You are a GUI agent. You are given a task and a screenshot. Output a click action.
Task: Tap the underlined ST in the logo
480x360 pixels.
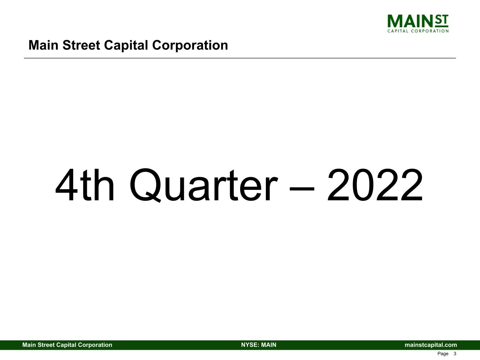pyautogui.click(x=442, y=21)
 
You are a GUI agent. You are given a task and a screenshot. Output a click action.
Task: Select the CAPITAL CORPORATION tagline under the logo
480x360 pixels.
pyautogui.click(x=418, y=31)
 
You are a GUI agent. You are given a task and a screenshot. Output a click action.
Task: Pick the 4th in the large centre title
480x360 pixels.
pyautogui.click(x=85, y=185)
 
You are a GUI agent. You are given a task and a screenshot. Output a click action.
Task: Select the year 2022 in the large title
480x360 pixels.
pyautogui.click(x=375, y=185)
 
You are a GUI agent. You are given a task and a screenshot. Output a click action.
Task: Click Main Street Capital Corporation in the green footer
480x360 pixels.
pyautogui.click(x=67, y=345)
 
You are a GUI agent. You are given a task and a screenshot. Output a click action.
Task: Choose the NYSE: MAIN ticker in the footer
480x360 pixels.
pyautogui.click(x=258, y=345)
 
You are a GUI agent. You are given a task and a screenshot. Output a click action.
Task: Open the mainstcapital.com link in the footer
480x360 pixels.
pyautogui.click(x=431, y=345)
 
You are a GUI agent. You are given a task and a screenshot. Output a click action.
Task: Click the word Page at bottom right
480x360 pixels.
pyautogui.click(x=443, y=354)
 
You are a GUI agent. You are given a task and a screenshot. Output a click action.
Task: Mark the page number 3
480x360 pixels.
pyautogui.click(x=455, y=354)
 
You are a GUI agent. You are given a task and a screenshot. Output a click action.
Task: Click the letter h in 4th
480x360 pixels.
pyautogui.click(x=104, y=185)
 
